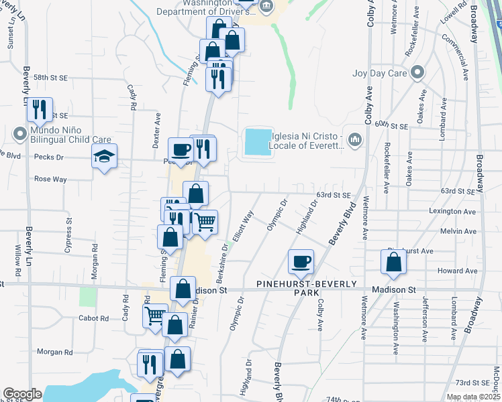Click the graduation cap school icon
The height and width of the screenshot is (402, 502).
[104, 157]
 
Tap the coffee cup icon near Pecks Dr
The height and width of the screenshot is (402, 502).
[179, 149]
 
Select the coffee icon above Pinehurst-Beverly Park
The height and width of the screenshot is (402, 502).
[301, 261]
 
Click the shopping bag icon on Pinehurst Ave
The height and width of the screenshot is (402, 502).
[394, 262]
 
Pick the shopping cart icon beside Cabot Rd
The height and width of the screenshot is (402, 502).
[155, 316]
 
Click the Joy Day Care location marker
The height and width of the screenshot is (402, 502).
[417, 72]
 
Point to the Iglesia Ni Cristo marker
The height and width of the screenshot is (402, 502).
[354, 139]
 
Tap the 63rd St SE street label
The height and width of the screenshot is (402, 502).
[334, 195]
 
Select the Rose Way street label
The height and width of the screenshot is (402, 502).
[50, 180]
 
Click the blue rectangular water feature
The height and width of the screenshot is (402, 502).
[258, 143]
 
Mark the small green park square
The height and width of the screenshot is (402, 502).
[88, 297]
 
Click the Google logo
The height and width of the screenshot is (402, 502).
[21, 394]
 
